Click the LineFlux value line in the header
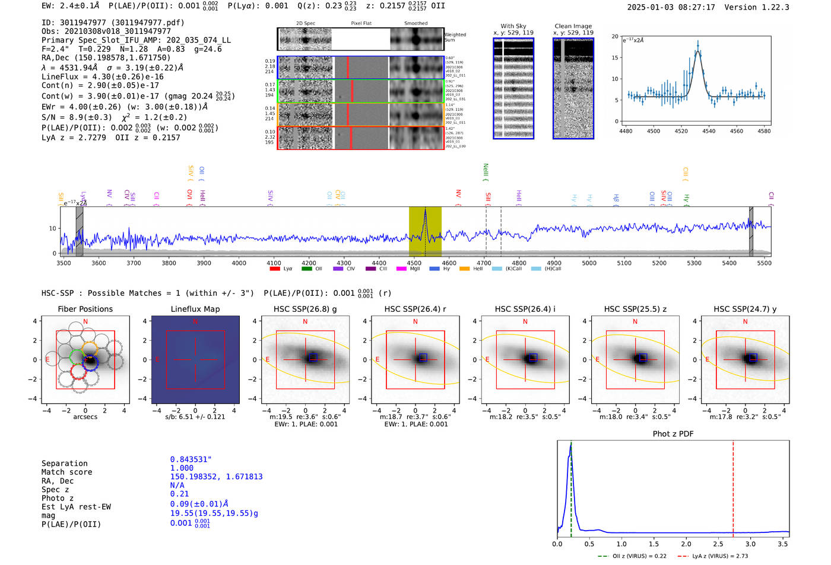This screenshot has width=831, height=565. coord(102,76)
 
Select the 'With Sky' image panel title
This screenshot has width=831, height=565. coord(513,26)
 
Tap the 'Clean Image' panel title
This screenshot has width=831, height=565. coord(573,26)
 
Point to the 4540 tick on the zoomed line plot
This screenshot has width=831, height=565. coord(709,131)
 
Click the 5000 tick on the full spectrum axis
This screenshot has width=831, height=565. coord(589,263)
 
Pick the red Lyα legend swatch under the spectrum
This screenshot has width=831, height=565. coord(275,269)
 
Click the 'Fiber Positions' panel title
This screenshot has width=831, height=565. coord(85,309)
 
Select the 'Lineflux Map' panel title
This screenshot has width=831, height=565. coord(195,309)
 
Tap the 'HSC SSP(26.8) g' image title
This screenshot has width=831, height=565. coord(305,309)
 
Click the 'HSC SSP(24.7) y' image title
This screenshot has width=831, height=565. coord(745,309)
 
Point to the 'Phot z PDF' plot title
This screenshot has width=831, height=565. coord(673,434)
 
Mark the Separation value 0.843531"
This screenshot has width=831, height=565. coord(191,459)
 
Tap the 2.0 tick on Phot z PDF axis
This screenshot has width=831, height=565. coord(686,544)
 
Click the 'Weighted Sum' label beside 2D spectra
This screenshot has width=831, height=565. coord(455,37)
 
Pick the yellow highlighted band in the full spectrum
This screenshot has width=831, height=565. coord(425,231)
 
